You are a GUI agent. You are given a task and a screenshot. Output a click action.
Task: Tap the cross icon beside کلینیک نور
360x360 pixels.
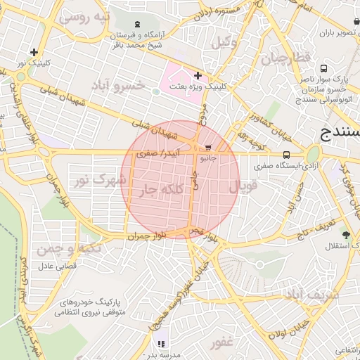click(x=34, y=51)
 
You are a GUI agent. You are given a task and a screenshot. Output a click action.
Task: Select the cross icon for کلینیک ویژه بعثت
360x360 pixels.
click(x=198, y=75)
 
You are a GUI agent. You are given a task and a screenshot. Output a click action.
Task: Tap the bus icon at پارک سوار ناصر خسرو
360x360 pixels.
click(x=323, y=69)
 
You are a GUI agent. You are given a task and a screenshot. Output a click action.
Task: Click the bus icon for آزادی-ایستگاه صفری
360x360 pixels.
click(x=286, y=155)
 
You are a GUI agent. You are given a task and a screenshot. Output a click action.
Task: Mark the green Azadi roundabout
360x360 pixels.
click(x=313, y=154)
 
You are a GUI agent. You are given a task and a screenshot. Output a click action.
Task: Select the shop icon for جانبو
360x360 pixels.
click(x=208, y=148)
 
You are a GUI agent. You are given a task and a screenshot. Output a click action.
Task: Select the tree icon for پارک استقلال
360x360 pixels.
click(x=345, y=234)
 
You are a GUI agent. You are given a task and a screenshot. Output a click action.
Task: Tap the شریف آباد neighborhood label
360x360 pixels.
click(x=311, y=295)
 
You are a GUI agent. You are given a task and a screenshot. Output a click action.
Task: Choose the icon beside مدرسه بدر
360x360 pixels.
click(x=161, y=345)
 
